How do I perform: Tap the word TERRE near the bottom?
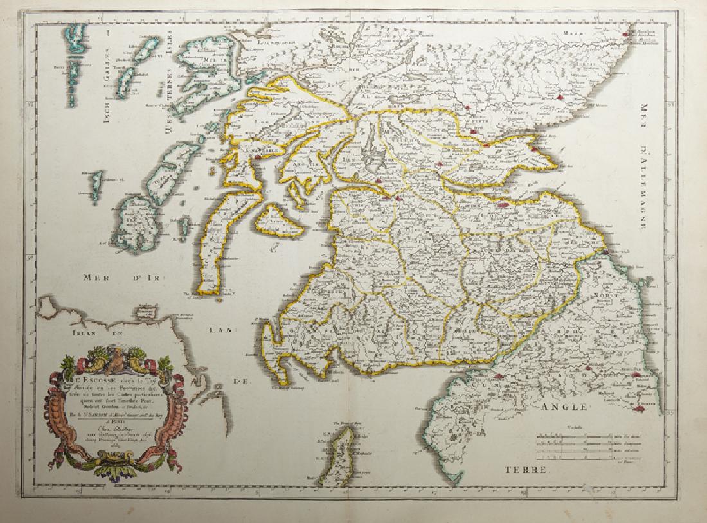(526, 471)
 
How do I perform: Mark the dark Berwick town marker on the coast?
(607, 256)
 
